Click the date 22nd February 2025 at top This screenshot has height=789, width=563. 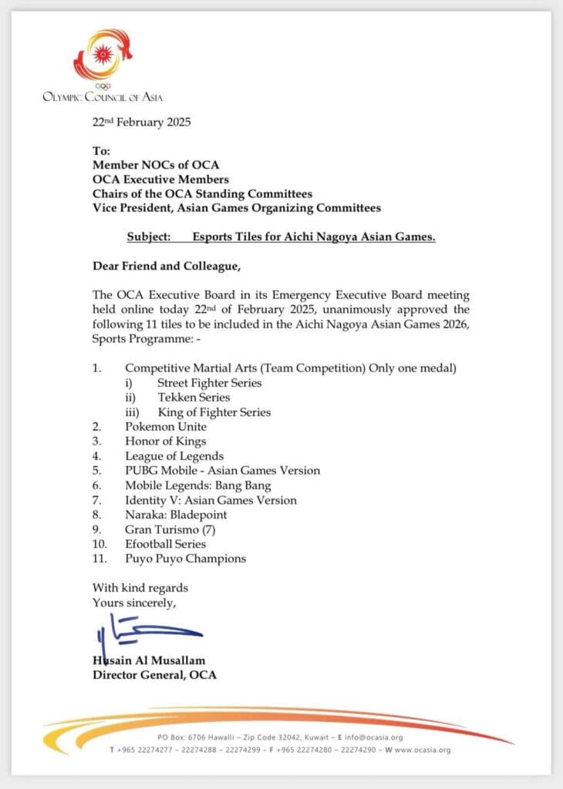click(141, 123)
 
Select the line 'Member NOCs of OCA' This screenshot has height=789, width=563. click(156, 165)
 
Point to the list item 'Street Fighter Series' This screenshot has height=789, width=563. click(209, 383)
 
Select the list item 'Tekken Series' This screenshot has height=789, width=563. click(194, 398)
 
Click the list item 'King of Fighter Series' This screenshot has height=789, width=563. click(214, 412)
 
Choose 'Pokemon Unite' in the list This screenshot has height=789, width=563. click(166, 427)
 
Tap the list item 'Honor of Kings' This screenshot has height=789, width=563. click(165, 442)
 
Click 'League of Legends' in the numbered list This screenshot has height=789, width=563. click(174, 456)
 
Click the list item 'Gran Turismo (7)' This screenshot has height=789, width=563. click(170, 529)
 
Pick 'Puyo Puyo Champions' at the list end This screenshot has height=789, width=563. click(186, 559)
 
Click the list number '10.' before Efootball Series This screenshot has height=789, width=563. click(101, 544)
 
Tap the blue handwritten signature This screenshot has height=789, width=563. click(143, 631)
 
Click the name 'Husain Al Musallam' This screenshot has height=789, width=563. click(149, 661)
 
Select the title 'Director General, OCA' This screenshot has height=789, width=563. click(154, 675)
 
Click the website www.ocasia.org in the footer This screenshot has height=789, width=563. click(422, 750)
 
